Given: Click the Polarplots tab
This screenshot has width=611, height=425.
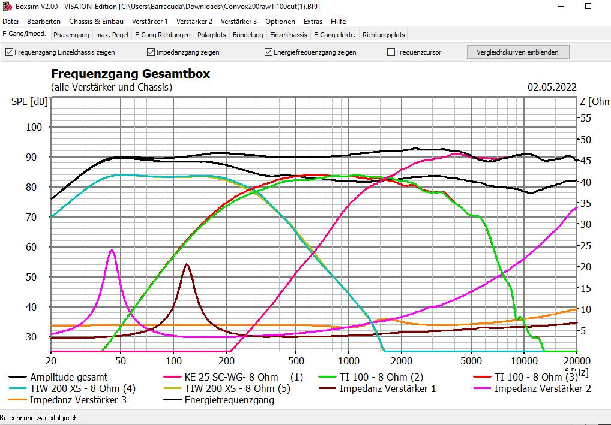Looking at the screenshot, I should (211, 35).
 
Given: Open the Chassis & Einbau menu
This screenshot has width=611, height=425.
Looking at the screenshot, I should (96, 22).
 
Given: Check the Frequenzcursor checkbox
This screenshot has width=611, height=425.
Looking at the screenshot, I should (391, 52).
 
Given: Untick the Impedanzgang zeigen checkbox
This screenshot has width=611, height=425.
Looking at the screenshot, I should (151, 52).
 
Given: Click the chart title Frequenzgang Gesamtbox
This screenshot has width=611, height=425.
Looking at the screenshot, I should (130, 74).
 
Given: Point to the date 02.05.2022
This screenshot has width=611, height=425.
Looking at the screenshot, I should (552, 87).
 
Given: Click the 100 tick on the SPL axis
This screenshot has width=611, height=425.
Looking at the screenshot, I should (34, 127).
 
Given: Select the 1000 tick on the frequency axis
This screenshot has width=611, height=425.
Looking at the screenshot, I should (349, 361).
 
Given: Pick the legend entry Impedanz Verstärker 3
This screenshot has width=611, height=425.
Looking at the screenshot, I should (78, 400).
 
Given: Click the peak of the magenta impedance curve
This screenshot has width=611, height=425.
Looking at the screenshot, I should (111, 251).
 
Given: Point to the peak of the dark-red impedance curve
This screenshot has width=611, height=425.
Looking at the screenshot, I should (187, 264).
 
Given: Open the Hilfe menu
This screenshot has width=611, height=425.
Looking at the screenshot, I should (338, 22).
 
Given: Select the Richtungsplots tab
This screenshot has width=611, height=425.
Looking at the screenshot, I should (384, 35).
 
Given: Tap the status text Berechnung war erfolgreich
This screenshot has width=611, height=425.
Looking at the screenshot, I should (40, 418).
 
